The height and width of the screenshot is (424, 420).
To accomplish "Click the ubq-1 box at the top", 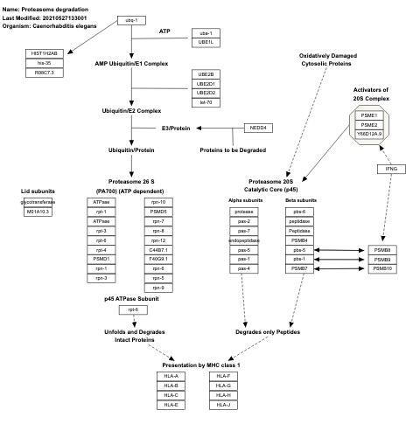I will [130, 19].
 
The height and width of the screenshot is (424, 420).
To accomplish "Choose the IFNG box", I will [392, 168].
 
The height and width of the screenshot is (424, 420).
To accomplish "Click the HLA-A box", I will [171, 375].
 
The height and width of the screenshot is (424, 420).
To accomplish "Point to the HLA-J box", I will [223, 405].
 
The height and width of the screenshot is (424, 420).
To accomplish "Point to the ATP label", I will [164, 31].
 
